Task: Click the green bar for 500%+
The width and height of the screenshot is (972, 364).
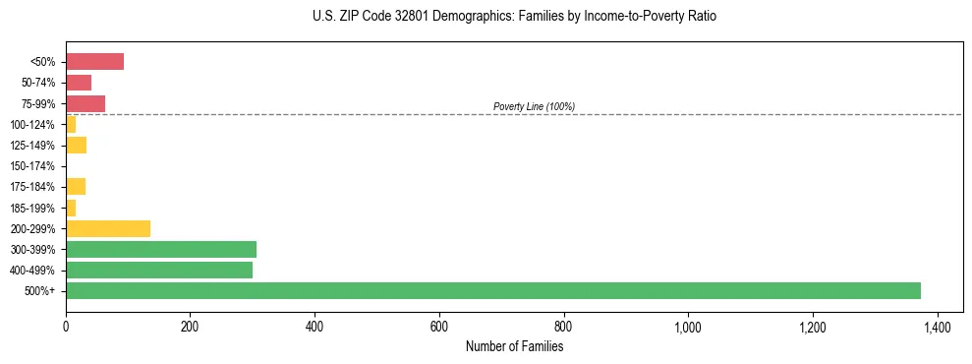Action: pos(492,290)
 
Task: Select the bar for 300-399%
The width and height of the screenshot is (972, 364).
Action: pos(161,249)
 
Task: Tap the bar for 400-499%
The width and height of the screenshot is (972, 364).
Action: pos(159,270)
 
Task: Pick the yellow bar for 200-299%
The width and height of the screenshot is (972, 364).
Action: pos(108,228)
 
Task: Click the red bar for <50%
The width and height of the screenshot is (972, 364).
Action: pos(94,62)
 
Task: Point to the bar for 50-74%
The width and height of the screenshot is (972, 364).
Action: pos(79,83)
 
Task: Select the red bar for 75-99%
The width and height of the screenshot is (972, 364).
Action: pos(86,103)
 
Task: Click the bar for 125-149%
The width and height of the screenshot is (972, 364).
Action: pos(76,146)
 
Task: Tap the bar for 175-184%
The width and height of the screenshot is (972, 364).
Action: pos(76,187)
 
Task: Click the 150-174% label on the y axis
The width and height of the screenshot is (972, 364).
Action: pos(32,166)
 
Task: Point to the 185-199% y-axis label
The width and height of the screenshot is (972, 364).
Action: pos(32,208)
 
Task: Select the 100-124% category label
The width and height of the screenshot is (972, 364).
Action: pos(32,125)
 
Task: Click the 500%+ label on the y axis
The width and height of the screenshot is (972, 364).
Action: pos(40,291)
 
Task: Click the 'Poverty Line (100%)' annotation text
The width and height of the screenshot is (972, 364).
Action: pos(534,106)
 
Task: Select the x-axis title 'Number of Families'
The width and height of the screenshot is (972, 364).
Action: pos(514,346)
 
